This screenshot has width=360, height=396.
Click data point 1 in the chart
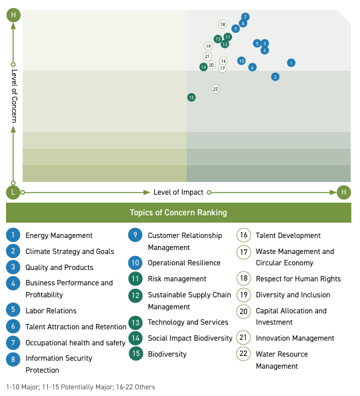point(291,63)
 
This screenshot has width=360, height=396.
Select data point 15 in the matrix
point(191,97)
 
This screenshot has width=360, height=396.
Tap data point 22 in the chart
point(215,89)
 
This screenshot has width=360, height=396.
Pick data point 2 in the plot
point(275,77)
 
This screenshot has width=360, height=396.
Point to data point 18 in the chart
point(222,24)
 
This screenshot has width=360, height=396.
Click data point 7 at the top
point(245,17)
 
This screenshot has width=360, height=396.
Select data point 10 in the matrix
point(241,61)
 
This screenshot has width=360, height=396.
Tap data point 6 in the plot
point(252,67)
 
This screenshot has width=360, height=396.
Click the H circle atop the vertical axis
point(13,15)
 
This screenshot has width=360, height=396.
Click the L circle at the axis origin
point(13,192)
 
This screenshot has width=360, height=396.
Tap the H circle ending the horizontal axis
point(343,192)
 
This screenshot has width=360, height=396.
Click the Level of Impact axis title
point(179,192)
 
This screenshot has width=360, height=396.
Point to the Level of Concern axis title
point(14,96)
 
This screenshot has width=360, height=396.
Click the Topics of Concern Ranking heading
point(179,213)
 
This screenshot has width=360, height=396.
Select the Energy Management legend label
point(59,235)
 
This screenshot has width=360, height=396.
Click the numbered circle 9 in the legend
point(135,235)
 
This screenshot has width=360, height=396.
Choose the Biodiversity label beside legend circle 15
point(167,354)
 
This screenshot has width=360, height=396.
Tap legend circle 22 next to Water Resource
point(243,353)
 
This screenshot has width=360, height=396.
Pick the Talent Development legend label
point(288,235)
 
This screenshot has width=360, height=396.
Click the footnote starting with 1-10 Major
point(81,387)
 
